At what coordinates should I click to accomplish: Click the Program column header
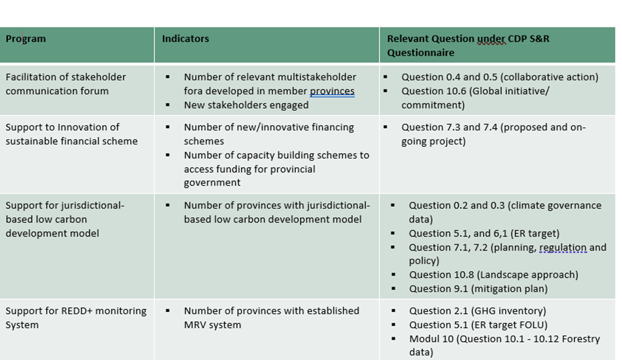[x=26, y=39]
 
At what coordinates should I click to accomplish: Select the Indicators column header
[x=185, y=39]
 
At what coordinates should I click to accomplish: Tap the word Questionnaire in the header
[x=420, y=53]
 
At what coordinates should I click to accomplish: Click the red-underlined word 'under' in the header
[x=492, y=39]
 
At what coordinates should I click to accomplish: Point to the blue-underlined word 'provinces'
[x=332, y=92]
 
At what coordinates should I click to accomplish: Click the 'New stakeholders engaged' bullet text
[x=246, y=105]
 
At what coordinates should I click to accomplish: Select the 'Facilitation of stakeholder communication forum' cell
[x=65, y=84]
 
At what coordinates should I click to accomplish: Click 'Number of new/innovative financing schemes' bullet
[x=269, y=134]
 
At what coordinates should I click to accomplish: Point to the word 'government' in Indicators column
[x=212, y=183]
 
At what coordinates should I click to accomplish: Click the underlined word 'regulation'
[x=563, y=247]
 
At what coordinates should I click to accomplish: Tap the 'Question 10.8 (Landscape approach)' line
[x=494, y=275]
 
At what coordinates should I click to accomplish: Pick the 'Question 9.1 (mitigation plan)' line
[x=478, y=289]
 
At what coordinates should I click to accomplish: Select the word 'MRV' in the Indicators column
[x=193, y=325]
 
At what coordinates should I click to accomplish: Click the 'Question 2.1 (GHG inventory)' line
[x=478, y=311]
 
